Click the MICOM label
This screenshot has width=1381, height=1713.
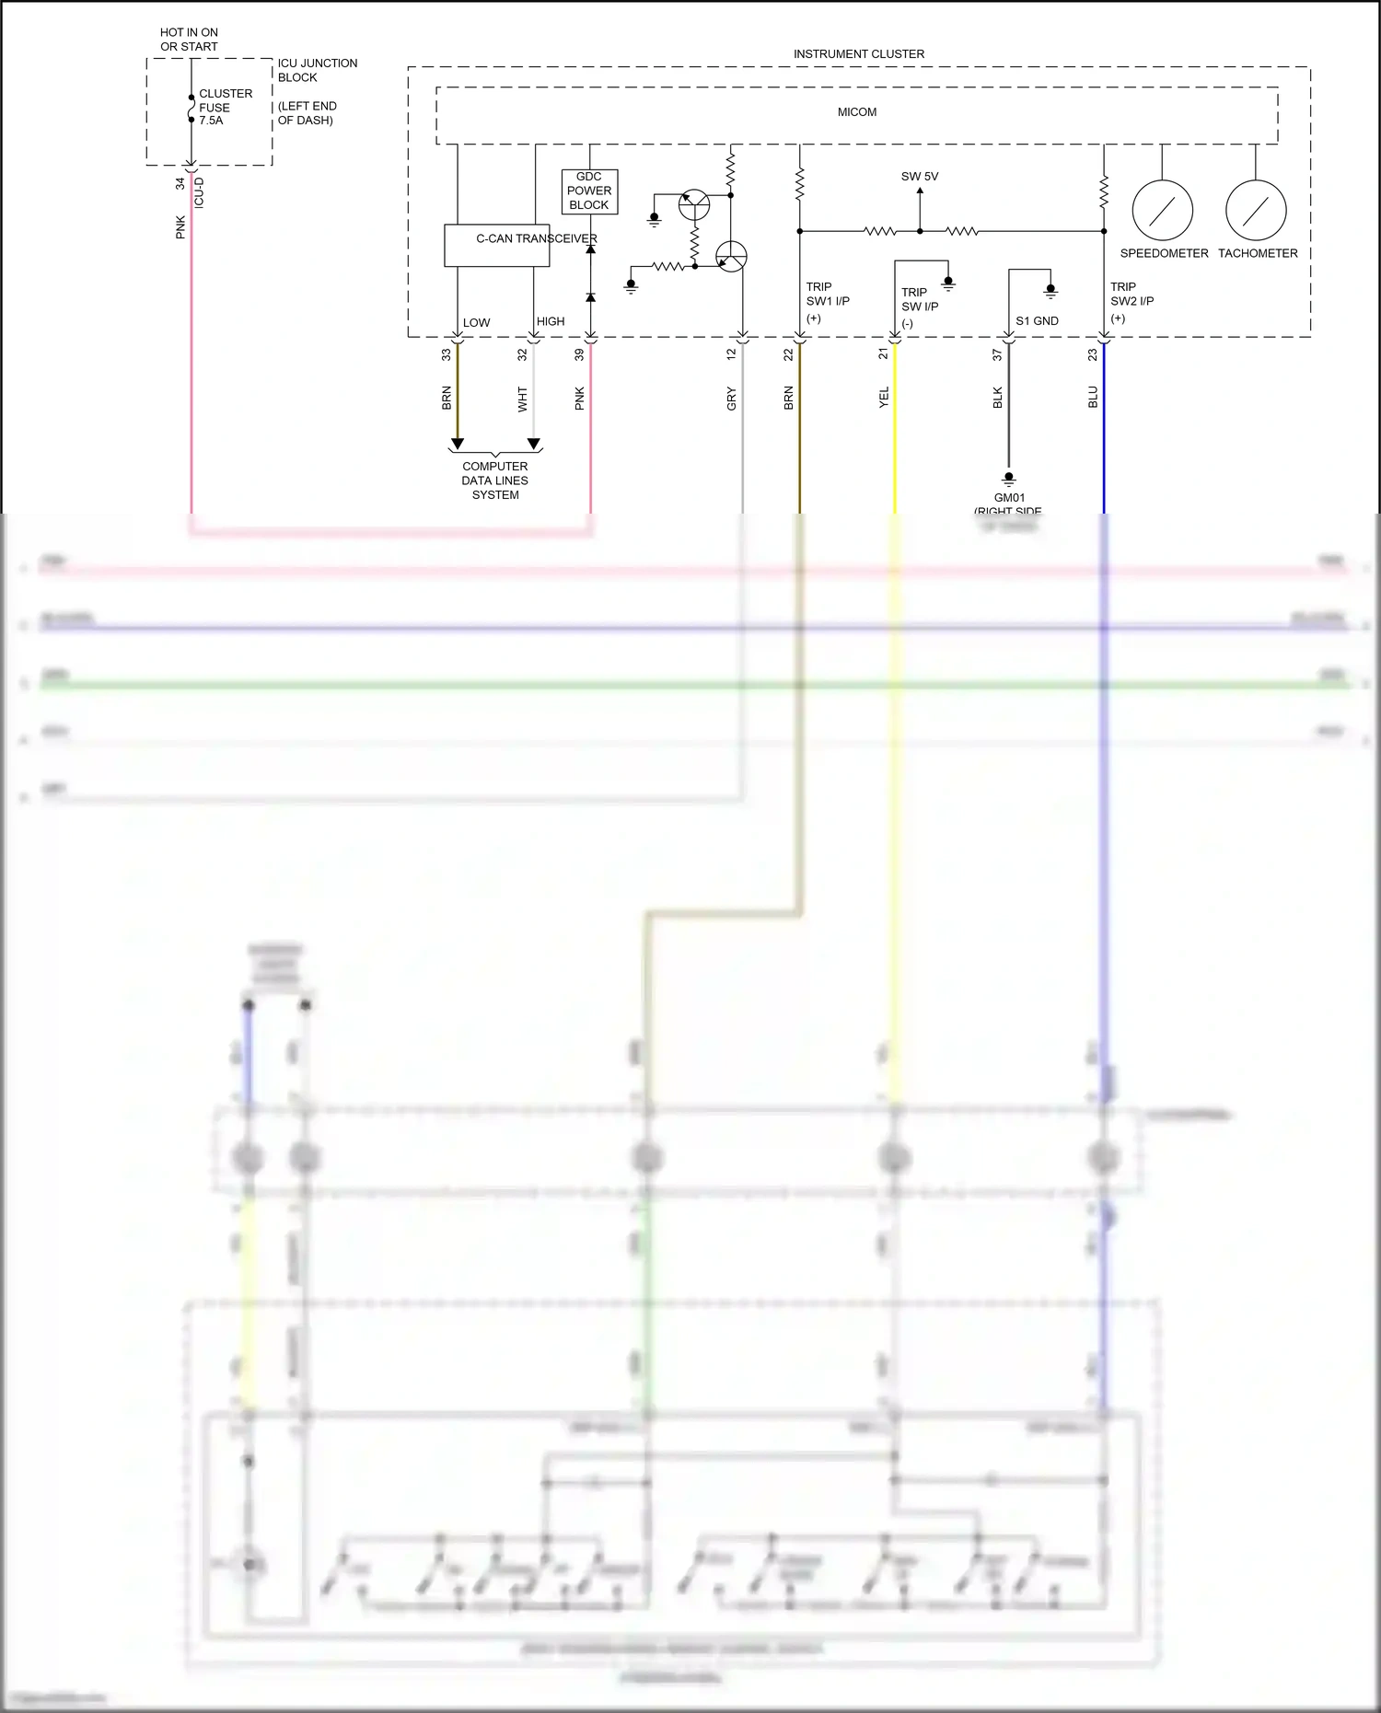point(856,112)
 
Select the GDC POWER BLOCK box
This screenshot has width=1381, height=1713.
point(589,191)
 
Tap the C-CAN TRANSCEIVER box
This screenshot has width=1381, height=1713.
point(497,246)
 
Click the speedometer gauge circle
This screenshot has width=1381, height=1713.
point(1162,211)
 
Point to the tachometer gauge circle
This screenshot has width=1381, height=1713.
point(1256,211)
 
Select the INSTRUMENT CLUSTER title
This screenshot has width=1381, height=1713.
point(858,54)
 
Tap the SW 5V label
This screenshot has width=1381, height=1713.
point(919,177)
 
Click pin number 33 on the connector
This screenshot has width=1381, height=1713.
point(447,354)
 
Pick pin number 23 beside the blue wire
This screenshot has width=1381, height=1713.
point(1093,354)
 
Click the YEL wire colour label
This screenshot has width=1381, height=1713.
point(884,398)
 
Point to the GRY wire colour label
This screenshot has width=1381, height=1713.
point(731,399)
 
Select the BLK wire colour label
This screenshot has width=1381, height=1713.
point(997,399)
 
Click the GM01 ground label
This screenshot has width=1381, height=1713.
point(1009,498)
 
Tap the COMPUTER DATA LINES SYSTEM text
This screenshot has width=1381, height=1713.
point(495,480)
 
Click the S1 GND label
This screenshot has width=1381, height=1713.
point(1037,321)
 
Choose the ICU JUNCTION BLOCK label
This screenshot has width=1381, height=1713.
point(317,70)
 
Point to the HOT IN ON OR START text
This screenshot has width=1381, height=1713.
point(189,40)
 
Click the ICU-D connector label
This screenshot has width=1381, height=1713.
point(199,192)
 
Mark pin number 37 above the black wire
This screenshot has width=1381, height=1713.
point(997,354)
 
